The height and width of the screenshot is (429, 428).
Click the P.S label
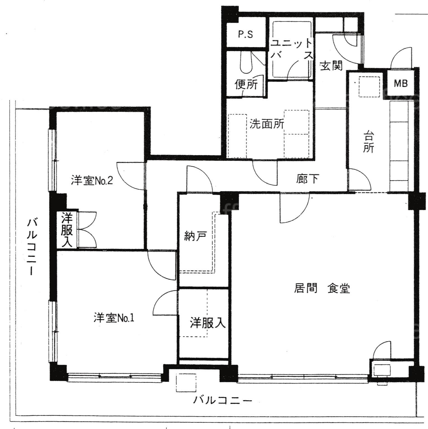point(245,34)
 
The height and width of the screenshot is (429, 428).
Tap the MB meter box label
point(401,83)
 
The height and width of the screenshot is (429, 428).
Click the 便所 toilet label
point(246,84)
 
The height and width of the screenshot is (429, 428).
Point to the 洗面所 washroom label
point(267,124)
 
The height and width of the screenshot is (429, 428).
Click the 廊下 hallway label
point(307,179)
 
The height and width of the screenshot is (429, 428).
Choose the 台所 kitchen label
point(368,142)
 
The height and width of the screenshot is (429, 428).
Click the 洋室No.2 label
point(92,180)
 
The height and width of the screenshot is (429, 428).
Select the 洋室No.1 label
point(114,318)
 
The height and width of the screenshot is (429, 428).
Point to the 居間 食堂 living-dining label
point(322,288)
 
